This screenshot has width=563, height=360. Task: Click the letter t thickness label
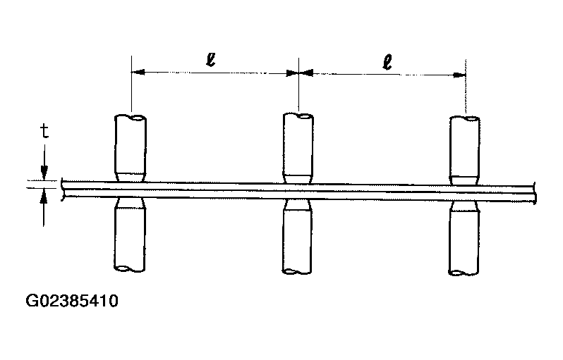coord(44,131)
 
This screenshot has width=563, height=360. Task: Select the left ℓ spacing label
coord(211,60)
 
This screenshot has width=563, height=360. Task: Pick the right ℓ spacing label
coord(387,63)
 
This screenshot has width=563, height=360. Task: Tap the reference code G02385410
coord(72,301)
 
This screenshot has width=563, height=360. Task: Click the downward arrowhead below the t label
coord(44,173)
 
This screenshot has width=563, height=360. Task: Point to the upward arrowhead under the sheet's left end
coord(44,196)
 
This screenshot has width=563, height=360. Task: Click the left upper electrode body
coord(130,144)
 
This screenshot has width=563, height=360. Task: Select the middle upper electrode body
coord(298,144)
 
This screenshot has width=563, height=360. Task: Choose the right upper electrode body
coord(465,147)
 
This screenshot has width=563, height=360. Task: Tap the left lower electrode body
coord(130,239)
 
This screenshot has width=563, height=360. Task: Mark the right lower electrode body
coord(464,243)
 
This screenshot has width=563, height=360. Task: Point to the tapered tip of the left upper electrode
coord(130,177)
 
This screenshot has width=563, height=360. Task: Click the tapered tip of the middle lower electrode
coord(297,205)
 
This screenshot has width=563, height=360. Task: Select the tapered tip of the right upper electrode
coord(465,181)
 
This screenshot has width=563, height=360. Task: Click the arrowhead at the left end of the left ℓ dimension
coord(138,72)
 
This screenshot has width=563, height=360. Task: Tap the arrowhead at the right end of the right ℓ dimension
coord(459,75)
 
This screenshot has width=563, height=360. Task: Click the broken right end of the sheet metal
coord(535,193)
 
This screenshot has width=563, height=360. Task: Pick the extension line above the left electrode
coord(131,84)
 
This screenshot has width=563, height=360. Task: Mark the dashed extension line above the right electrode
coord(466,87)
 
